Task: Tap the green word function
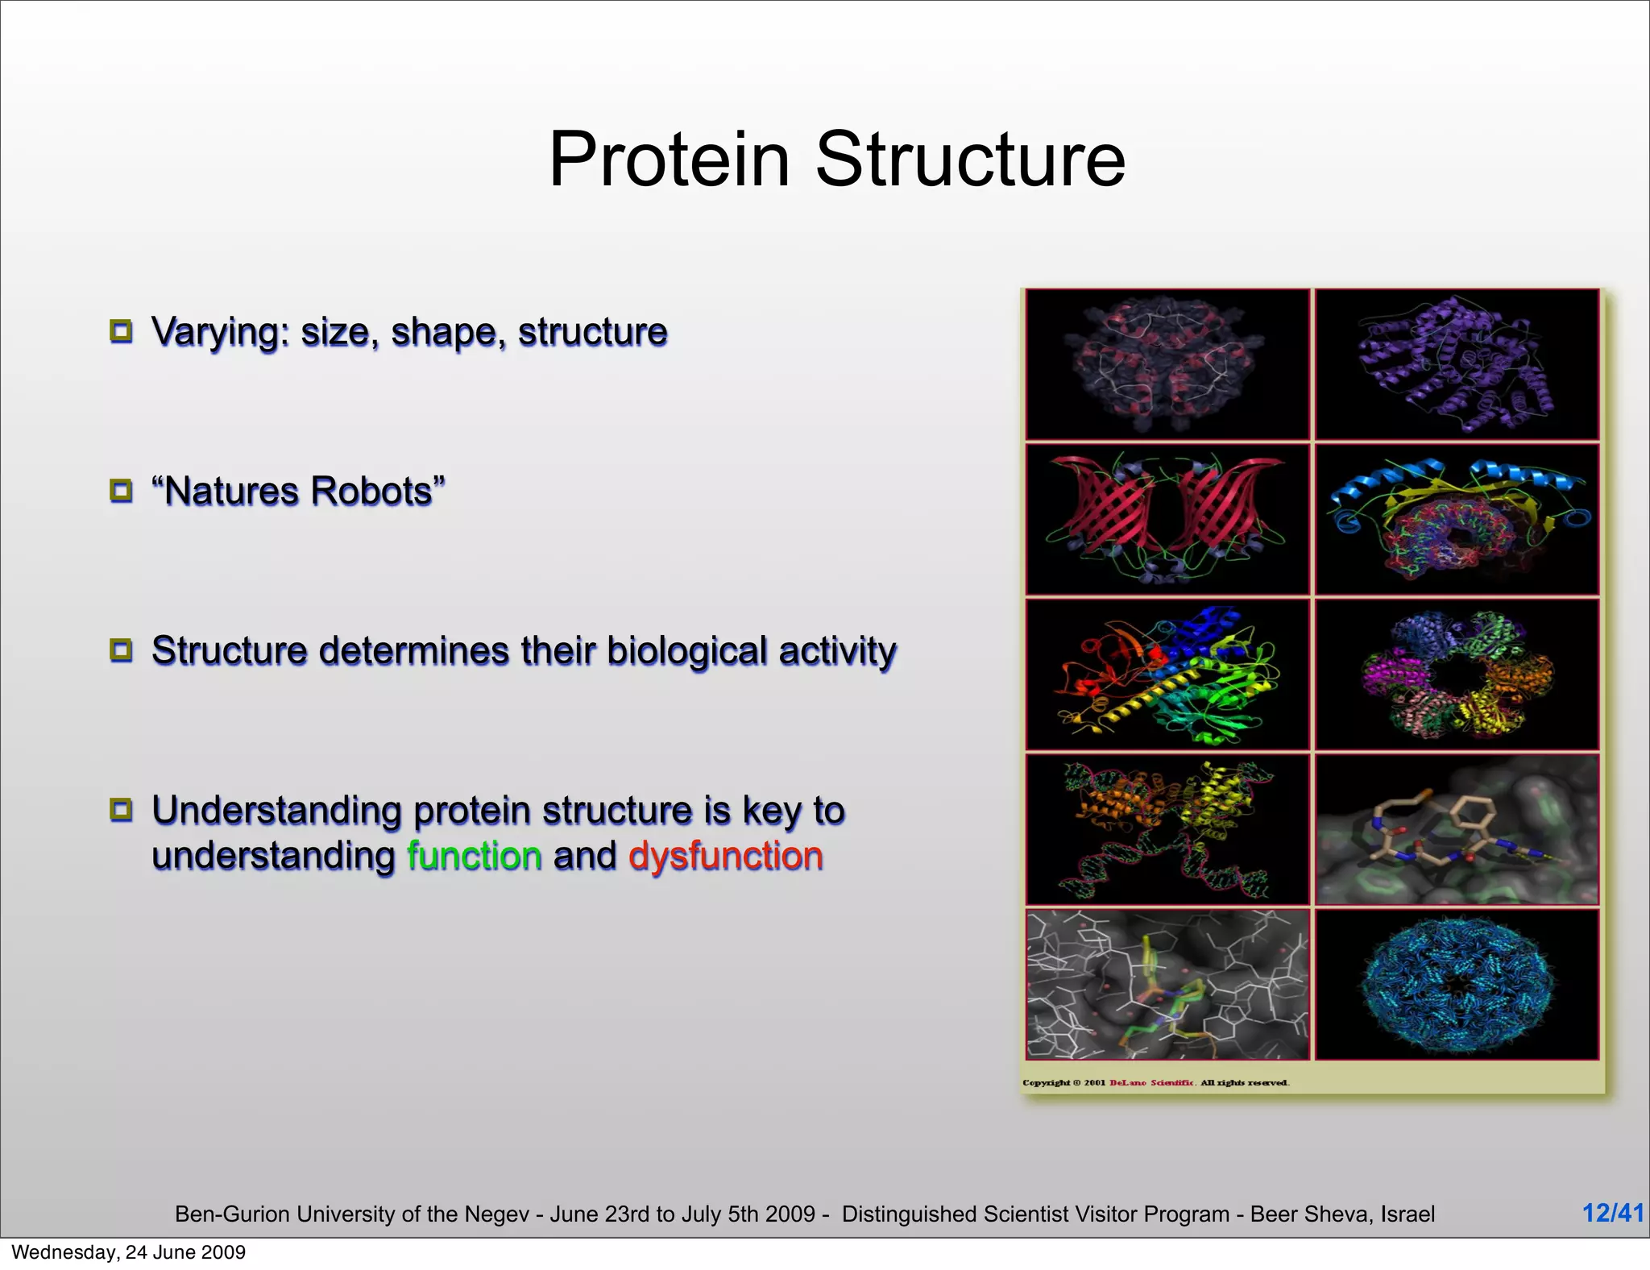[474, 856]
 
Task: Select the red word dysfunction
[725, 856]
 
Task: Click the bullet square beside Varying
[121, 331]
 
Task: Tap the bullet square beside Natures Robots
[121, 491]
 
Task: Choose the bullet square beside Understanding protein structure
[121, 810]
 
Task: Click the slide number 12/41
[1612, 1213]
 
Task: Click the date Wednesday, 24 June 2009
[128, 1252]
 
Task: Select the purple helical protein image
[1456, 364]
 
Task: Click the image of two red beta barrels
[1167, 520]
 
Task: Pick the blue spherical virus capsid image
[1456, 985]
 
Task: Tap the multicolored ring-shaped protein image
[1456, 674]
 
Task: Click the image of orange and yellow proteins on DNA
[1167, 829]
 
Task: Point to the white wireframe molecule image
[1167, 985]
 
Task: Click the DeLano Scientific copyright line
[1155, 1082]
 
